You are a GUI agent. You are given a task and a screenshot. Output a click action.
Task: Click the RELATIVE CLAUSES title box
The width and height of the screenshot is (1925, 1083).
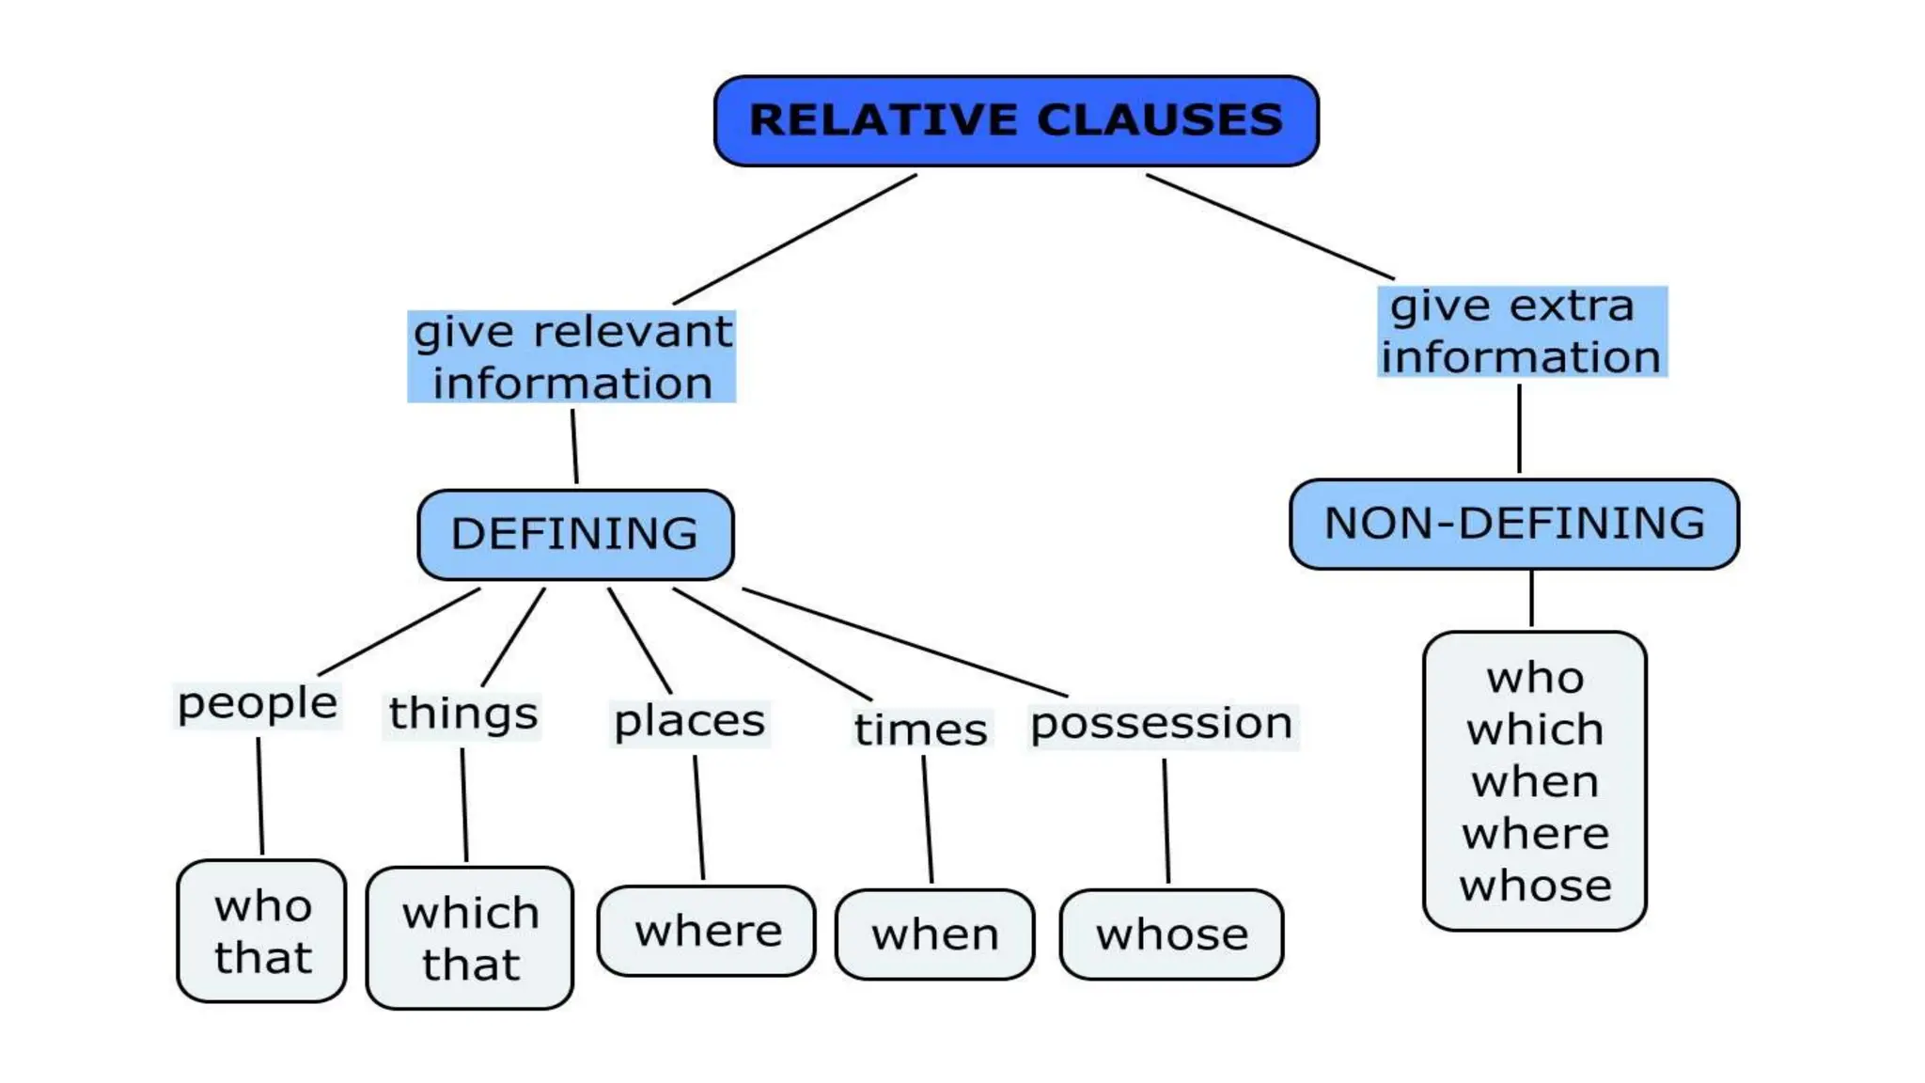[1016, 121]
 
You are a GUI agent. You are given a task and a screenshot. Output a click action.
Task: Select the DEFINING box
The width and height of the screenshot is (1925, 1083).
[575, 534]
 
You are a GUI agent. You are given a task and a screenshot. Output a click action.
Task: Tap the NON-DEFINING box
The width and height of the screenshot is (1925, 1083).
[1514, 524]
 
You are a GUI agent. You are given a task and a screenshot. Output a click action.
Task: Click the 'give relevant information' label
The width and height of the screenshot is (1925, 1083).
[571, 357]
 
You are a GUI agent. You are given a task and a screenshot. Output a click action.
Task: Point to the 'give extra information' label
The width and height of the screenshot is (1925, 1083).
[1522, 332]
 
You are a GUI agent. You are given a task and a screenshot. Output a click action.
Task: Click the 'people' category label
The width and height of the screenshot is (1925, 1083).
[258, 704]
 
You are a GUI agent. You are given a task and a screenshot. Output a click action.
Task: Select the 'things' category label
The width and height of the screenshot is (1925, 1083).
[462, 714]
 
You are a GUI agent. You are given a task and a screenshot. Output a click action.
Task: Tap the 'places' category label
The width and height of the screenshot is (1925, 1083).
[689, 723]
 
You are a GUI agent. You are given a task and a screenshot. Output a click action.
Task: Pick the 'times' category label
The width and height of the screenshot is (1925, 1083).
[920, 730]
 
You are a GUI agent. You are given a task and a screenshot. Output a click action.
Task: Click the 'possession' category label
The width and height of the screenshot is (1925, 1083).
[1162, 725]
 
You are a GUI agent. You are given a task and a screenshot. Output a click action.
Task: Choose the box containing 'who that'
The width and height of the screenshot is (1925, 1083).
[262, 931]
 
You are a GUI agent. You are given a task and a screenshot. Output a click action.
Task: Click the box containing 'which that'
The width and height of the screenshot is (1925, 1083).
[470, 938]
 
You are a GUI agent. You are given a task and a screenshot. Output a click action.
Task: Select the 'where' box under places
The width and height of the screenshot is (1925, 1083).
[707, 932]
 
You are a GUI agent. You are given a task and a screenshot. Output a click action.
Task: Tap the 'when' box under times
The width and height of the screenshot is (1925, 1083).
[935, 934]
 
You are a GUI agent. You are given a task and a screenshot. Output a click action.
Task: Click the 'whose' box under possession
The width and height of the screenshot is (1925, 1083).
[1172, 934]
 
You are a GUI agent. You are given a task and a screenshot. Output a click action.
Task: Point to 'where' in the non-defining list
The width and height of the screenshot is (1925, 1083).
[1535, 834]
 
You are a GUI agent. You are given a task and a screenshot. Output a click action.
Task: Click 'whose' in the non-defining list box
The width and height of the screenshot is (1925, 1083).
[1535, 887]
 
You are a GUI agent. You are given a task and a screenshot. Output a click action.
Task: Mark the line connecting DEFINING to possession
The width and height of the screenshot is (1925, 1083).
[904, 643]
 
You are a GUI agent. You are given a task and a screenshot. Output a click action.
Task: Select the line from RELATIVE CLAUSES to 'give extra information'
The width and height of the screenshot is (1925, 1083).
[1269, 226]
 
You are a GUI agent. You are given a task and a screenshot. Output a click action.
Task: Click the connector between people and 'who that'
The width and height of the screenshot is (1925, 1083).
[260, 796]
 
